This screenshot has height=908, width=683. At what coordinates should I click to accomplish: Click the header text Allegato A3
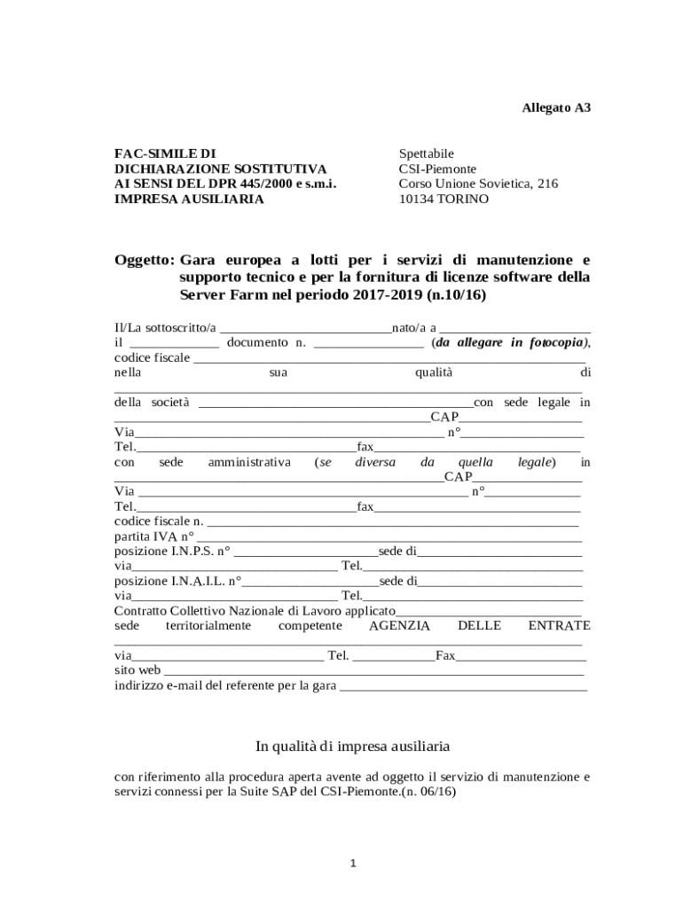[554, 108]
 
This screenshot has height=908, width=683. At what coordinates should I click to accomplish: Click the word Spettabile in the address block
[426, 153]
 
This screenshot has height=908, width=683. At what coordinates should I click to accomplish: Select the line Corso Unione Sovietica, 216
[478, 184]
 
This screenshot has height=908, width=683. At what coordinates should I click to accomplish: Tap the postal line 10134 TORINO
[444, 199]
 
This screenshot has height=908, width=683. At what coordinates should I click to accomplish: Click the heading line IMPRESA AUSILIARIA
[189, 199]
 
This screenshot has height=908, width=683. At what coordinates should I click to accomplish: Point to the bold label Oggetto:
[144, 260]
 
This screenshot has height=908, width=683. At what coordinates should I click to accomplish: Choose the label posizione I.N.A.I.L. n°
[177, 582]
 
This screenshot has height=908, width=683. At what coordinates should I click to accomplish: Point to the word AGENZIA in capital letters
[399, 626]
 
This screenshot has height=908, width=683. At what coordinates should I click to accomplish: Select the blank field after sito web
[373, 671]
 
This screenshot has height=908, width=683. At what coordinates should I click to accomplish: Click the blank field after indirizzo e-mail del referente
[463, 686]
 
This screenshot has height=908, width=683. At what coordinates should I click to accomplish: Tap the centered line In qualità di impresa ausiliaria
[352, 746]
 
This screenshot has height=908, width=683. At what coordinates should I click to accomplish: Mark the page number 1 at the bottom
[352, 863]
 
